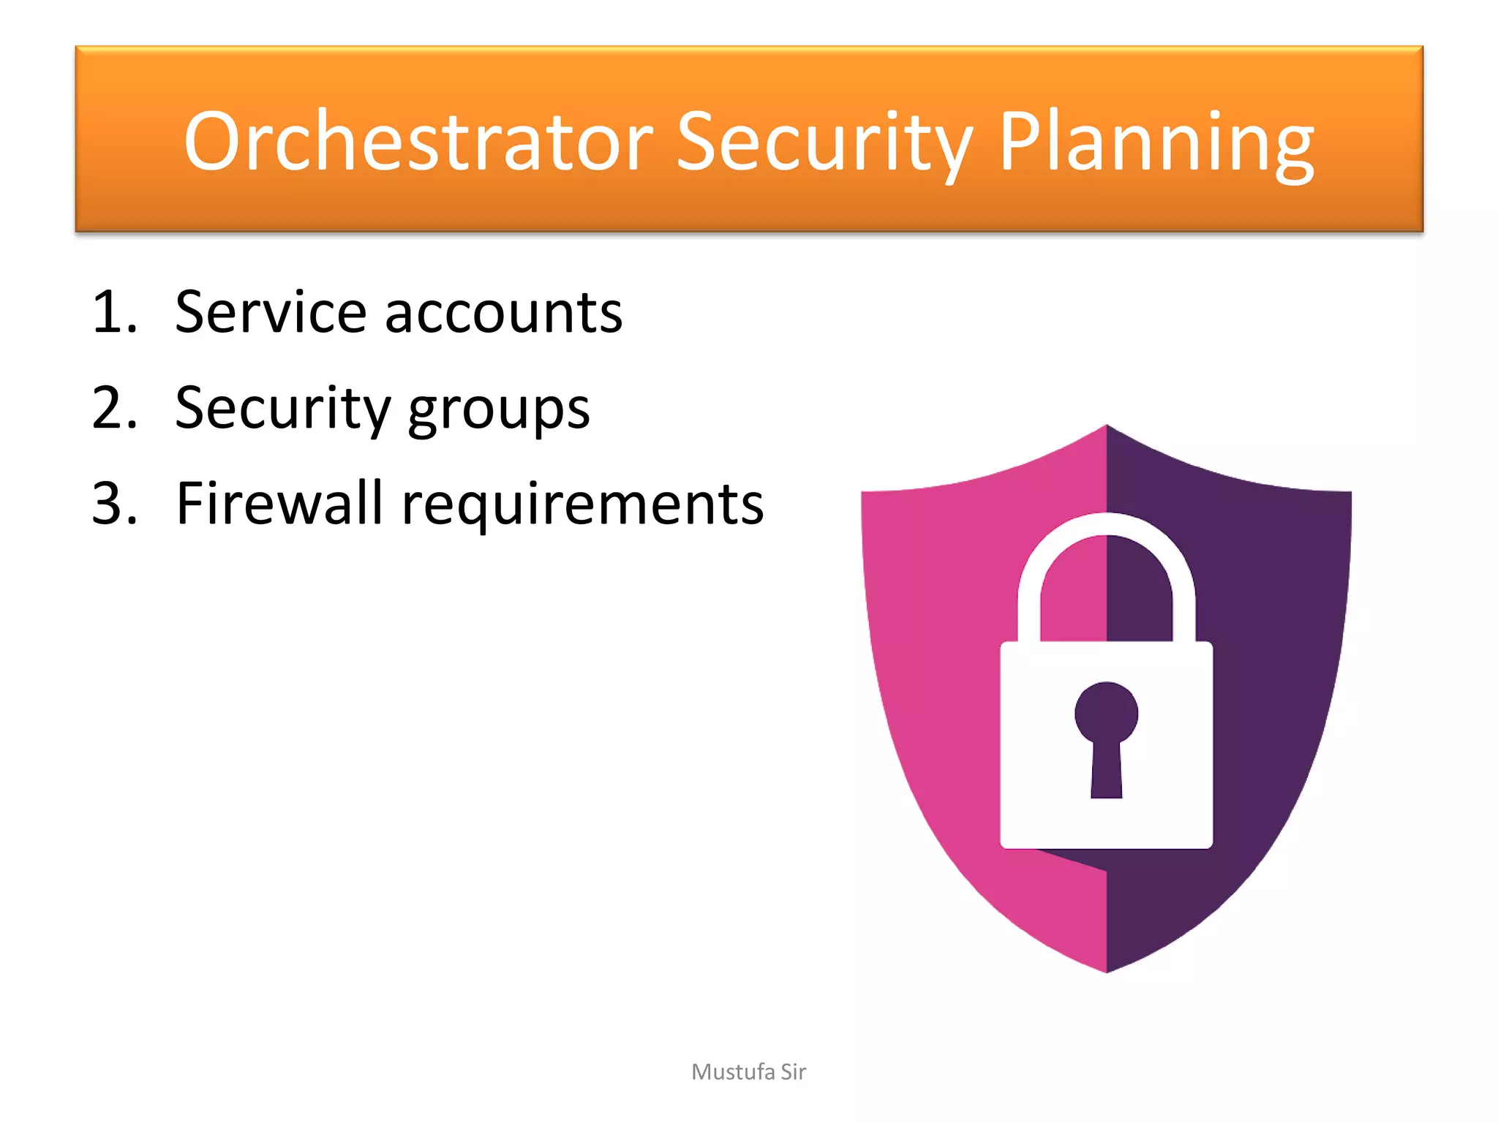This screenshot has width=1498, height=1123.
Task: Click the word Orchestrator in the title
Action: [x=418, y=142]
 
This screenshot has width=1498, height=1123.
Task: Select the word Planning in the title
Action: [x=1156, y=142]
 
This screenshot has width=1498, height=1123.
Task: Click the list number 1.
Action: [x=113, y=313]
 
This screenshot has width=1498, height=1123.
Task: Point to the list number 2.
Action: [x=113, y=408]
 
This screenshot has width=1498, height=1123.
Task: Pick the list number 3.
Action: [x=113, y=504]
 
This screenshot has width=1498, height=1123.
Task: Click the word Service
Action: [x=270, y=313]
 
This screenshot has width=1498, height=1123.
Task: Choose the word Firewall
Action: [x=279, y=504]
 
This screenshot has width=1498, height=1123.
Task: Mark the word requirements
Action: [x=583, y=507]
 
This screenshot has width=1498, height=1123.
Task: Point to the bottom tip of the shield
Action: [x=1107, y=969]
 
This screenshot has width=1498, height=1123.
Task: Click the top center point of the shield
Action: [x=1107, y=428]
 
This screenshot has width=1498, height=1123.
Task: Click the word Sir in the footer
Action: [x=793, y=1072]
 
